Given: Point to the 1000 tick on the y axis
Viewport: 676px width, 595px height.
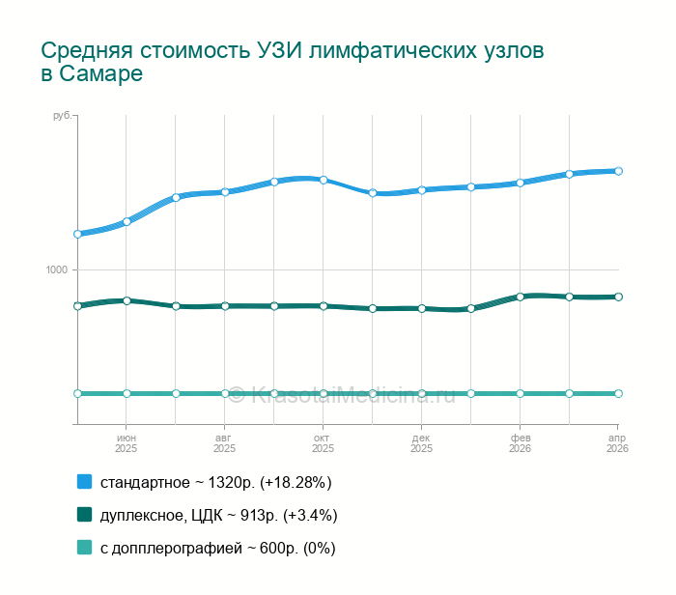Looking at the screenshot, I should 58,269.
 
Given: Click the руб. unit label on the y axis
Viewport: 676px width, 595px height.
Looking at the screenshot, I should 61,117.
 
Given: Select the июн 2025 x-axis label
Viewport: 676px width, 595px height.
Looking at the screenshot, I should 127,443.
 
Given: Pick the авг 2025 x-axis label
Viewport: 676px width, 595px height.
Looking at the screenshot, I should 225,443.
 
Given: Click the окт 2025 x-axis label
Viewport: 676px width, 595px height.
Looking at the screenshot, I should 324,443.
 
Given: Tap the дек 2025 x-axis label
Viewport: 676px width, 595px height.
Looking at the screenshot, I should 422,443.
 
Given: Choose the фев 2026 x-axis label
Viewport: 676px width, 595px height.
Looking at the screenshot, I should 521,443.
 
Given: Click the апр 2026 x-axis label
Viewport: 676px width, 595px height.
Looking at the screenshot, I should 617,443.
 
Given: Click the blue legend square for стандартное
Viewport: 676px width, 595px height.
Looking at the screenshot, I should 84,481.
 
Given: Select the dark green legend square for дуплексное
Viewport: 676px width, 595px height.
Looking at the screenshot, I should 84,515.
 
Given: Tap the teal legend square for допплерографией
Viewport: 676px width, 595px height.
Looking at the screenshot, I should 84,548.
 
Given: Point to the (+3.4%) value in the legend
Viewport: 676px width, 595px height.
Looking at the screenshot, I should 310,515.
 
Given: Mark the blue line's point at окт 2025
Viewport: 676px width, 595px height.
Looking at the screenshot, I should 324,180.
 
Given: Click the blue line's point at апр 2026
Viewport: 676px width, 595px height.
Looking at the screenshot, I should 618,171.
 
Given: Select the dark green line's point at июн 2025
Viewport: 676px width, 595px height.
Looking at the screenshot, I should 127,300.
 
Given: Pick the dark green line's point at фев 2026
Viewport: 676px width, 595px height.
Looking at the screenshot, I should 521,297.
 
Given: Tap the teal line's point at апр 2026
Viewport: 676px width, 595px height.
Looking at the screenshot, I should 618,393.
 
